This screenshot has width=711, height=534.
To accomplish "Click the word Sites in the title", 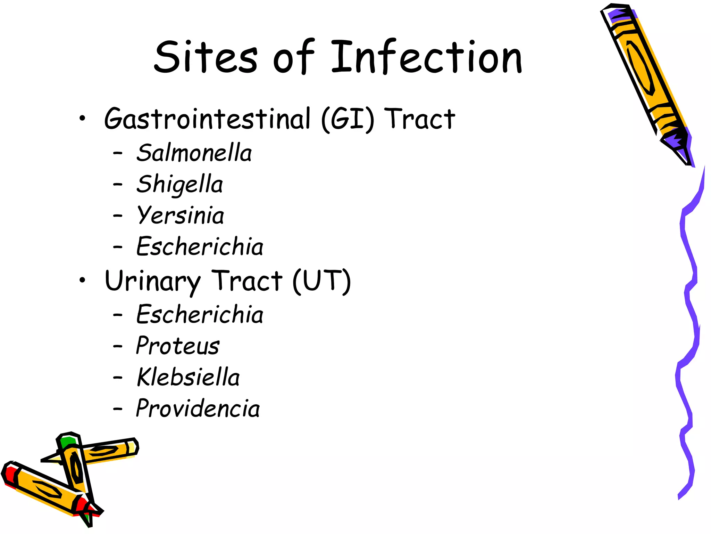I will (x=206, y=57).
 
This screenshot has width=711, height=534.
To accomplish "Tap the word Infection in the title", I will (x=426, y=57).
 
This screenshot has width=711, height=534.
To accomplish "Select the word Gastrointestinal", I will (x=207, y=119).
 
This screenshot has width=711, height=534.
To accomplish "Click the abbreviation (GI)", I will (x=348, y=120).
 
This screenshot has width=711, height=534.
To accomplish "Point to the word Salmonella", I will (x=194, y=153).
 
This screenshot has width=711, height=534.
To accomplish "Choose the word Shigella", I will (x=179, y=184).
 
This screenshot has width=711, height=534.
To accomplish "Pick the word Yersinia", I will (x=181, y=216).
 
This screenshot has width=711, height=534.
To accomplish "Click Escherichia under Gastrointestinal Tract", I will (x=200, y=247).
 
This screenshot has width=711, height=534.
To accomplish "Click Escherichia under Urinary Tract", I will (x=200, y=315).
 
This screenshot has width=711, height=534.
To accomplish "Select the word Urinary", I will (x=153, y=282).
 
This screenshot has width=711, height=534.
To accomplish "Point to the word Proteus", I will (x=178, y=346).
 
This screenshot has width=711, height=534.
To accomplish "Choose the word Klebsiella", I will (x=188, y=377).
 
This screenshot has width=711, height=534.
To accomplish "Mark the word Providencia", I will (x=198, y=408).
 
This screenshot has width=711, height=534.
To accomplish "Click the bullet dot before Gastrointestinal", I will (x=82, y=119).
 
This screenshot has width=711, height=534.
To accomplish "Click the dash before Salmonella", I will (x=118, y=153).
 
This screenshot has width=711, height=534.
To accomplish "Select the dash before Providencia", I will (x=118, y=409).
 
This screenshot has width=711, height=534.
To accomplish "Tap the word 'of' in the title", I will (x=293, y=57).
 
